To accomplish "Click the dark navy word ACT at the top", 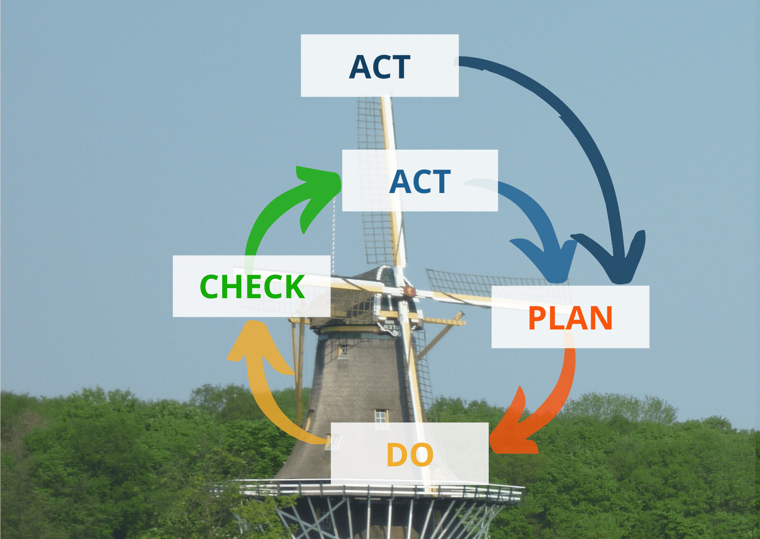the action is click(379, 67).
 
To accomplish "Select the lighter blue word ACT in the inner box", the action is click(420, 182).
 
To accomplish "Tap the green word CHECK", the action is click(252, 286).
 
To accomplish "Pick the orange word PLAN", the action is click(570, 318).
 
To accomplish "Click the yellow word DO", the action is click(409, 455).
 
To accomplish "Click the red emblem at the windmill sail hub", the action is click(409, 291).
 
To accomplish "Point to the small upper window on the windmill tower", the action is click(343, 351).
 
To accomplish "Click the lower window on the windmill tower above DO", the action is click(381, 416).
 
